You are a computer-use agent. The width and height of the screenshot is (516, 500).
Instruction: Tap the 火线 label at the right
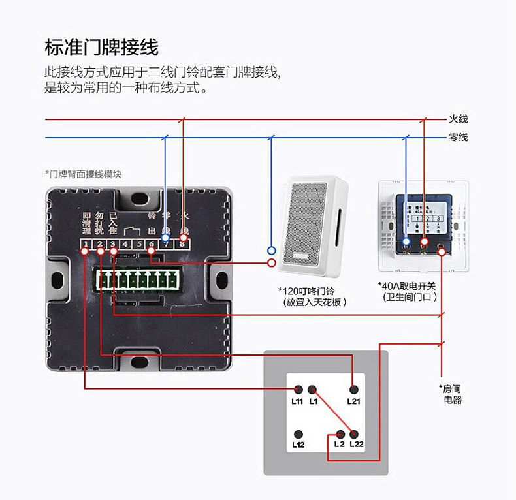pos(458,119)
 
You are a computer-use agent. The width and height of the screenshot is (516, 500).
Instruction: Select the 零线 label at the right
pos(458,138)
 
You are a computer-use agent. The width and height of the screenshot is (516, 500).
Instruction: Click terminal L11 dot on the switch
pos(298,388)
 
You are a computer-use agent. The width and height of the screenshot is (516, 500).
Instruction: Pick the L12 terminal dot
pos(298,434)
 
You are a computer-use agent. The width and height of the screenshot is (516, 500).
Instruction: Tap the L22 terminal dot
pos(354,434)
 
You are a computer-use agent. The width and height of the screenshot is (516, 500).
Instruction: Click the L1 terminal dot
pos(313,388)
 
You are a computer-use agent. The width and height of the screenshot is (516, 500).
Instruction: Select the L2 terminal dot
pos(340,434)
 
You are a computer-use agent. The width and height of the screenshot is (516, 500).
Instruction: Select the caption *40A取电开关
pos(410,286)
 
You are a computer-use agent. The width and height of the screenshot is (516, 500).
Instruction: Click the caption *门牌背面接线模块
pos(83,174)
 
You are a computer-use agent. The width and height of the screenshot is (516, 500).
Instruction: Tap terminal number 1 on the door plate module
pos(86,246)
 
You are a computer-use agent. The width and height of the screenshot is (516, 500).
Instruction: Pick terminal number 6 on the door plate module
pos(152,246)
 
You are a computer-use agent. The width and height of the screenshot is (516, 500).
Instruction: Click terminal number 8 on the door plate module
pos(184,246)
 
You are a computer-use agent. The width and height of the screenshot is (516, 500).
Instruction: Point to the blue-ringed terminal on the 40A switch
pos(406,243)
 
